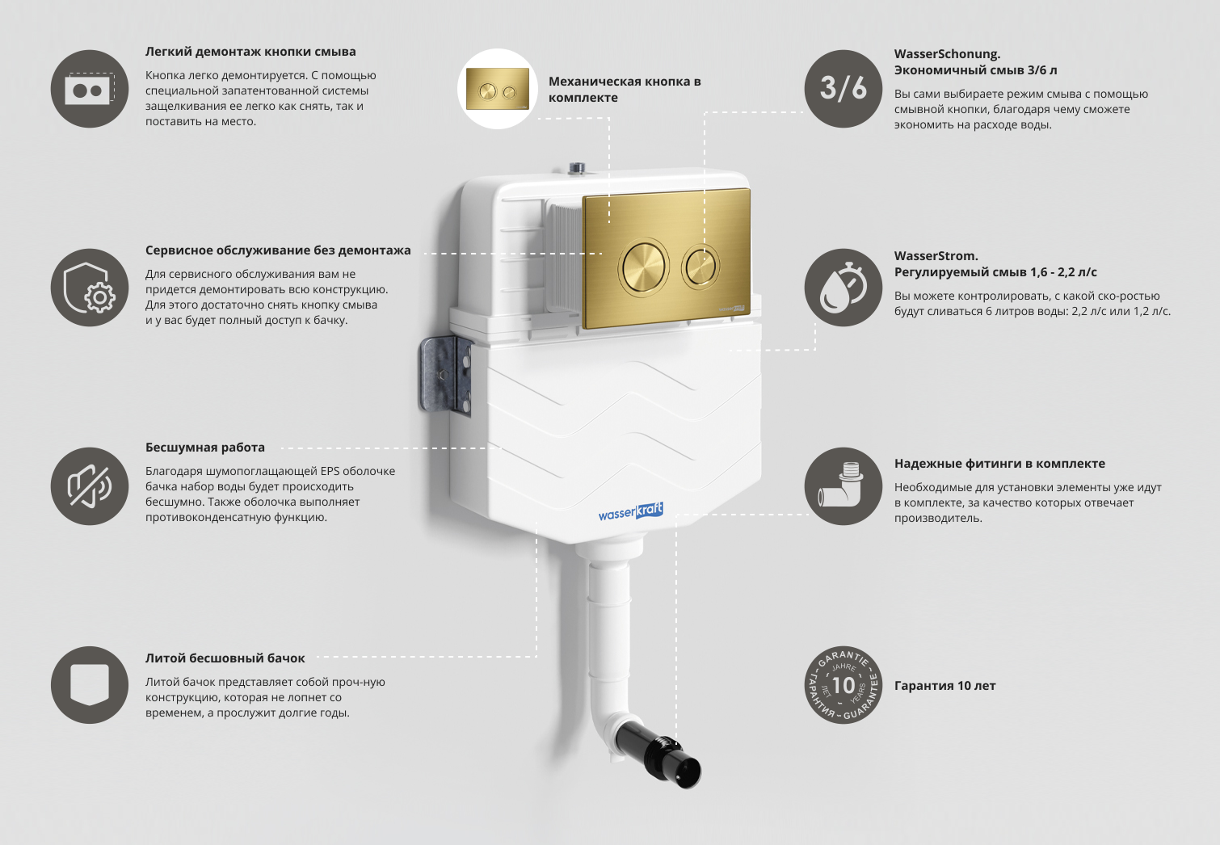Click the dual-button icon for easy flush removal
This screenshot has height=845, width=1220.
[90, 89]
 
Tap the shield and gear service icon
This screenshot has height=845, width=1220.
[90, 288]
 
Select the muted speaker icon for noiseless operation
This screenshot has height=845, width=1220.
[90, 486]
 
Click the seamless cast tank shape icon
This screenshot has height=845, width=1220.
[90, 685]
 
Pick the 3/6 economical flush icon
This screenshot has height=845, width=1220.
[843, 89]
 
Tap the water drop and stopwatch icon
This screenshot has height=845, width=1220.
[843, 288]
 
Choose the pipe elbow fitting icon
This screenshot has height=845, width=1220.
[843, 486]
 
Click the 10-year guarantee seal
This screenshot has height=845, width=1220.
[843, 685]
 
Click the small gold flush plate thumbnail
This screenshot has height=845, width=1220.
[498, 89]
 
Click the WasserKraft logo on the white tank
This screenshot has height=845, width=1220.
[630, 512]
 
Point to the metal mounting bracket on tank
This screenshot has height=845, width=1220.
[445, 376]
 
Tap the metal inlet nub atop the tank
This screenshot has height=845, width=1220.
[577, 169]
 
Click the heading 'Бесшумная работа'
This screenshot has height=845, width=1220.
[205, 448]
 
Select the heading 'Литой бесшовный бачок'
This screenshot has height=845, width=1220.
[225, 658]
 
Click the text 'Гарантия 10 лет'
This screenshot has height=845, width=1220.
[944, 686]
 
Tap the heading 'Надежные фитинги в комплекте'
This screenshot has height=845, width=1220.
[999, 464]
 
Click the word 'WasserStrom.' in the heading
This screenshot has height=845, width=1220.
[936, 256]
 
